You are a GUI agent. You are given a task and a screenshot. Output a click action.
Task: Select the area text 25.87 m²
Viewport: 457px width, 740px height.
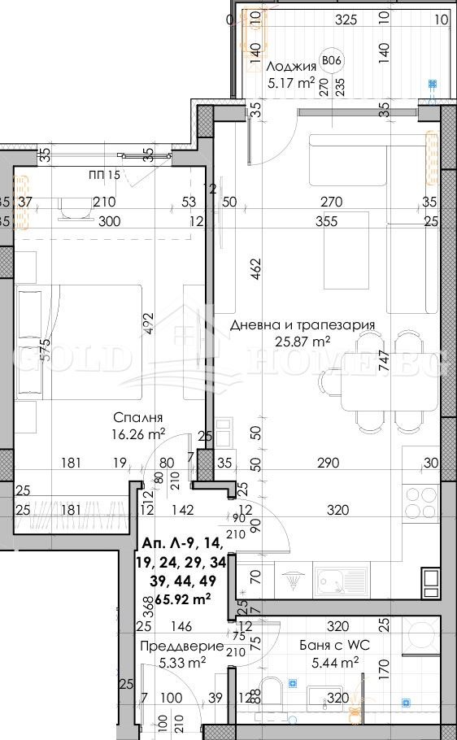point(302,342)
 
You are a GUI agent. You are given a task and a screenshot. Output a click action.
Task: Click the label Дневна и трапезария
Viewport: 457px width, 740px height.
point(302,324)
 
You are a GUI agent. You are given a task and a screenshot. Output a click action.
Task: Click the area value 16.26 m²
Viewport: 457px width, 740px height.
point(139,433)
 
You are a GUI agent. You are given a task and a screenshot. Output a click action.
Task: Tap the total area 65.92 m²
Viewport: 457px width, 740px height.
point(176,599)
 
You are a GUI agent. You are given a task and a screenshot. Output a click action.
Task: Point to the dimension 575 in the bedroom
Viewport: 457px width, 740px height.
point(46,349)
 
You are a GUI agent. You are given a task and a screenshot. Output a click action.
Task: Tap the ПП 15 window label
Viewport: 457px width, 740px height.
point(104,175)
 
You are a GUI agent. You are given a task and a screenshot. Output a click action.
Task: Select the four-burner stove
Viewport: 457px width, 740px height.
point(420,498)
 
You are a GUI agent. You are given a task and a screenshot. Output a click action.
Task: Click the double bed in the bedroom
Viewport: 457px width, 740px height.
point(89,342)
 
